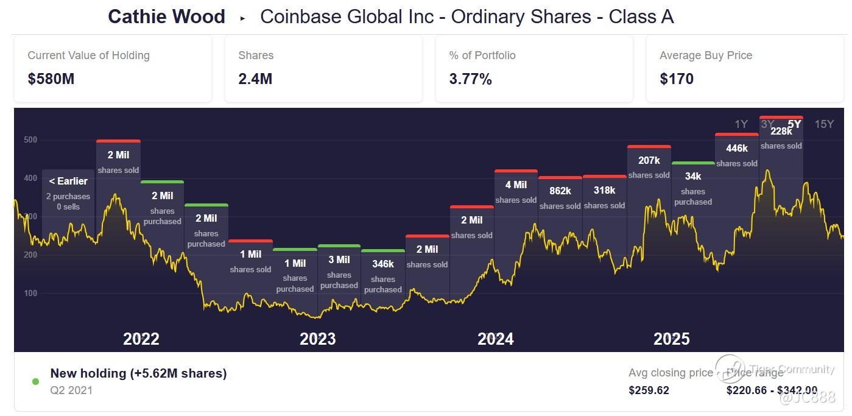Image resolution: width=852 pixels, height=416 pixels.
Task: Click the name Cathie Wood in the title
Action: point(166,16)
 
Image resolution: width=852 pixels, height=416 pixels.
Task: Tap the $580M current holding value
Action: point(51,79)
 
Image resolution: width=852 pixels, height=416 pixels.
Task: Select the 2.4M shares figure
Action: point(255,79)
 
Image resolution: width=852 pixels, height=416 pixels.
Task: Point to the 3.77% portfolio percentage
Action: point(470,79)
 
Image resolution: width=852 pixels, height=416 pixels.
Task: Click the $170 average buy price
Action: point(677,79)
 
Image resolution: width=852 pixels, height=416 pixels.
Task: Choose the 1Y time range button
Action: point(741,124)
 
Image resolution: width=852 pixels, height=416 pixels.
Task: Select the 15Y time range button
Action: point(824,124)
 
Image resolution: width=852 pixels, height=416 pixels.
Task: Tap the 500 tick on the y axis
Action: point(30,140)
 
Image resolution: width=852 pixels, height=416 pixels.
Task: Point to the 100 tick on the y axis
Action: point(30,294)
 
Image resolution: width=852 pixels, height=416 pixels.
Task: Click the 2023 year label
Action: point(317,339)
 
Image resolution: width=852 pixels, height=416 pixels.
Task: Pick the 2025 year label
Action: point(671,339)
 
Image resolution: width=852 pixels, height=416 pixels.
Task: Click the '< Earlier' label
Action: point(68,181)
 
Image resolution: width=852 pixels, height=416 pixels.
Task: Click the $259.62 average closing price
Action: point(649,390)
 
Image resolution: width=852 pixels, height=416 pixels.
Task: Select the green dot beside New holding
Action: point(35,382)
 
